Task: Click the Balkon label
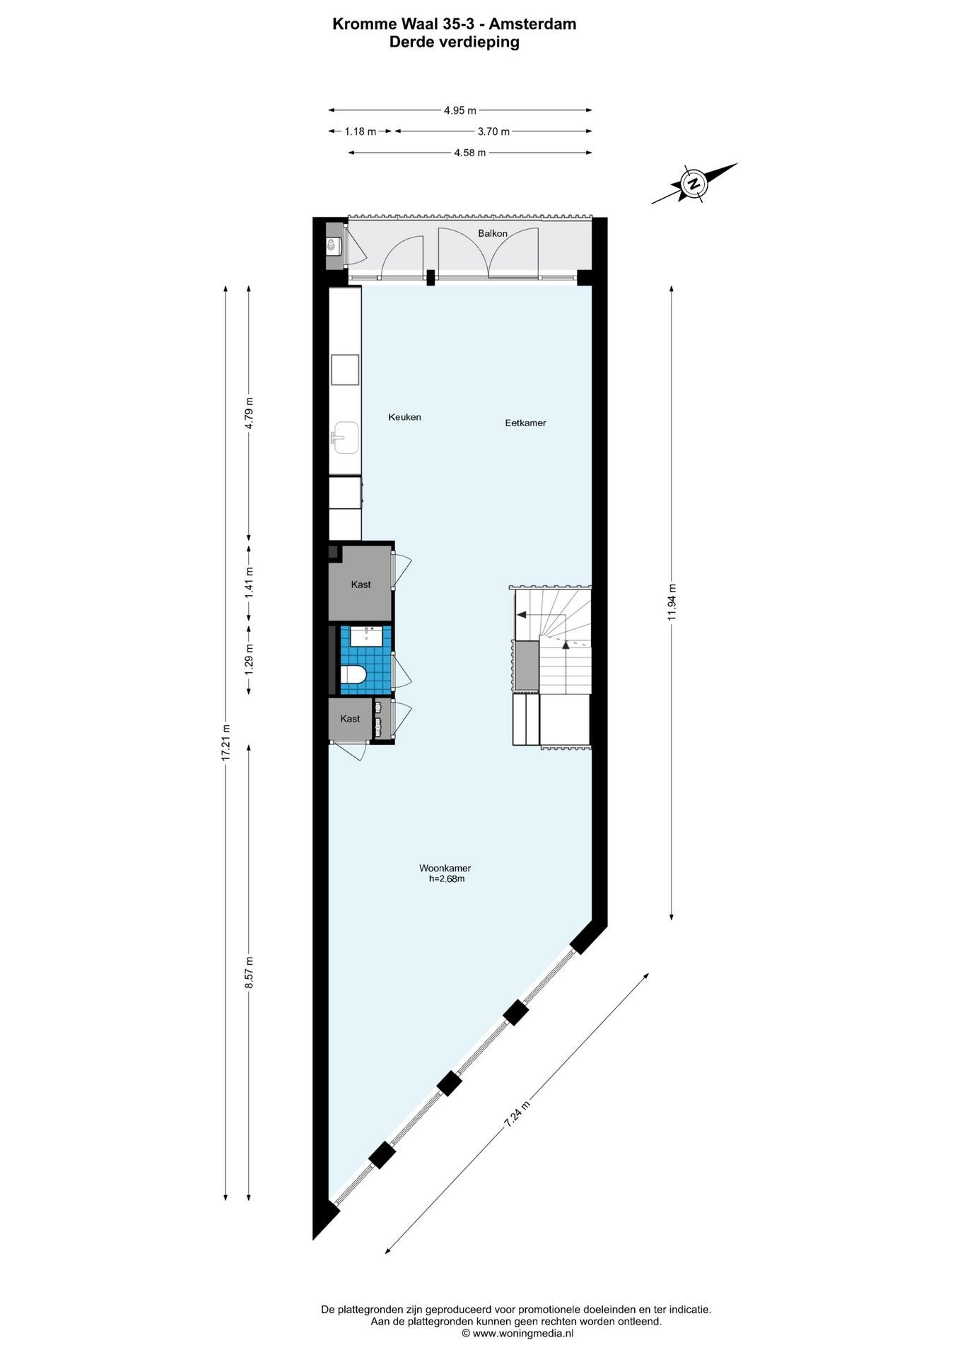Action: coord(493,233)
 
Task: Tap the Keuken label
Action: coord(404,417)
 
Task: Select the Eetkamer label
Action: coord(525,423)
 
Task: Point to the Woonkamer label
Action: coord(445,868)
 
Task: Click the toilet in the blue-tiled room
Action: coord(353,676)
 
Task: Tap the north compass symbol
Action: coord(695,184)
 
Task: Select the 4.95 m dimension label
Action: coord(459,110)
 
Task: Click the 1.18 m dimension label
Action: coord(360,131)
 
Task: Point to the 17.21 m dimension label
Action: coord(226,742)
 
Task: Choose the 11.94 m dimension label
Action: coord(672,602)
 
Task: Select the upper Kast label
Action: coord(361,584)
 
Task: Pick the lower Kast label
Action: coord(350,719)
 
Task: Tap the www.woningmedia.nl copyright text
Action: coord(517,1334)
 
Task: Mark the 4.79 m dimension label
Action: coord(248,413)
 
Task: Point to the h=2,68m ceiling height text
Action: coord(446,879)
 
